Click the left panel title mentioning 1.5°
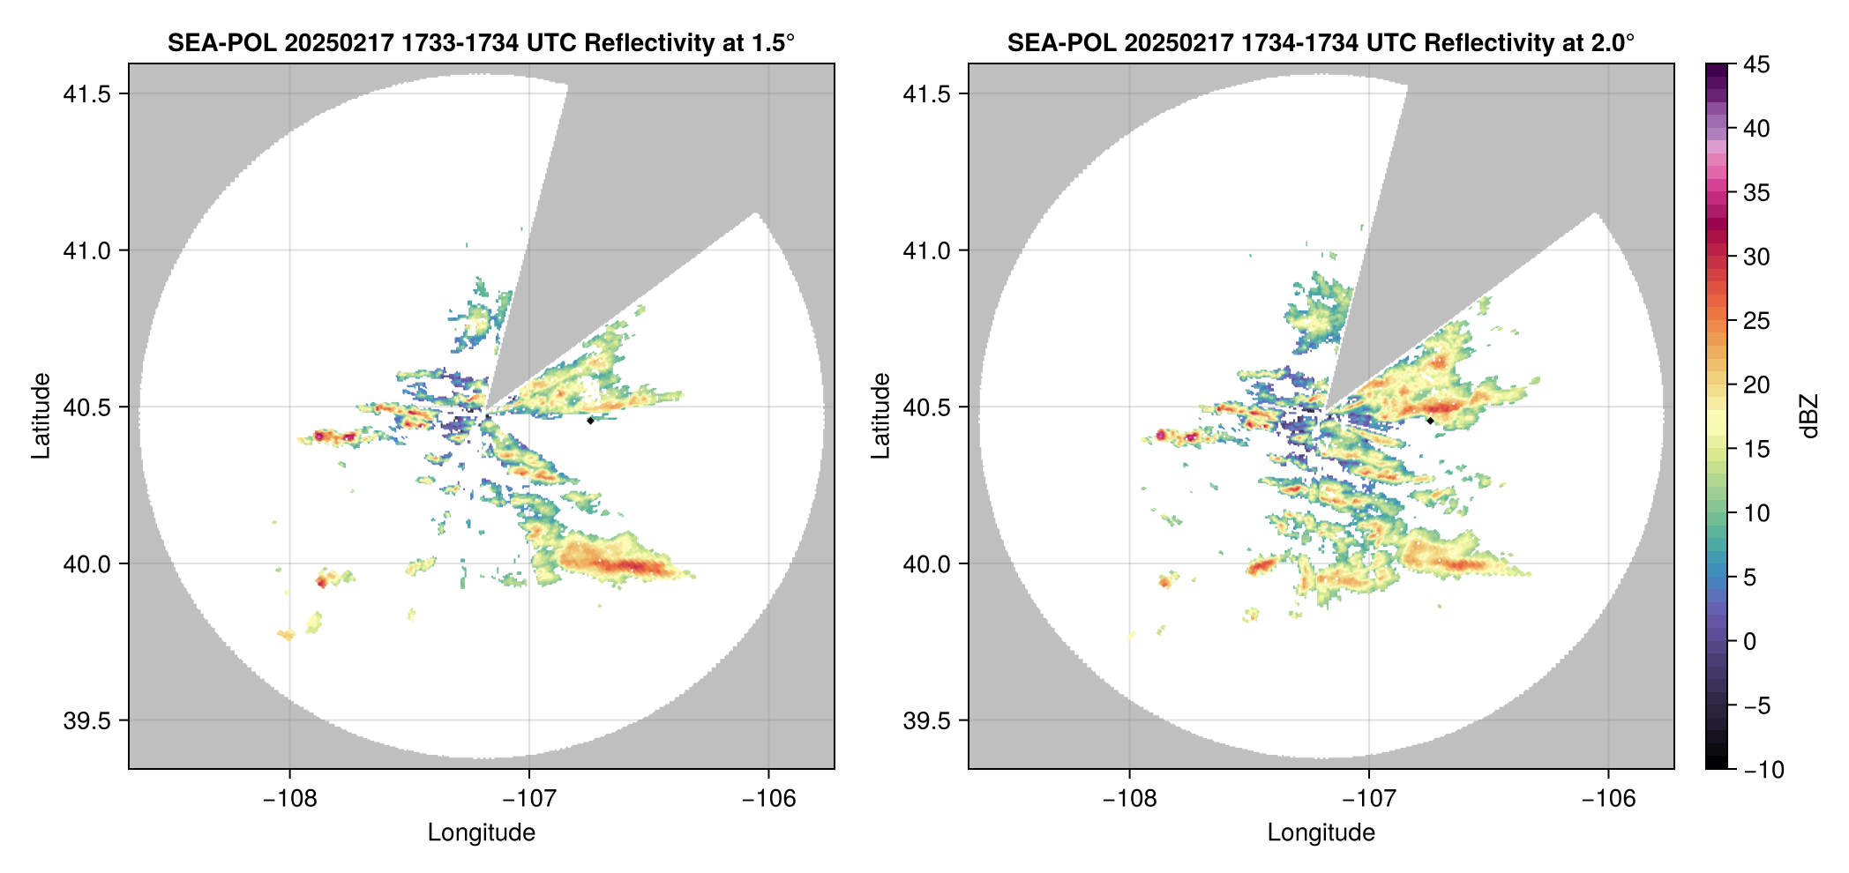pyautogui.click(x=481, y=43)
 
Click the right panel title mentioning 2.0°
pyautogui.click(x=1321, y=43)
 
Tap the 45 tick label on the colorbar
pyautogui.click(x=1755, y=64)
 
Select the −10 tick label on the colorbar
pyautogui.click(x=1763, y=770)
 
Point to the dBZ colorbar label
pyautogui.click(x=1809, y=416)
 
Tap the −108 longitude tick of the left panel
pyautogui.click(x=289, y=798)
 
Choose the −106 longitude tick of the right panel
pyautogui.click(x=1608, y=798)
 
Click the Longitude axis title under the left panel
pyautogui.click(x=481, y=832)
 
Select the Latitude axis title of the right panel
pyautogui.click(x=880, y=416)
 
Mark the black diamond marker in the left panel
pyautogui.click(x=590, y=421)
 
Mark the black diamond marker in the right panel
pyautogui.click(x=1430, y=421)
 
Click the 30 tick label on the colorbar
pyautogui.click(x=1755, y=257)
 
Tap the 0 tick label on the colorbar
pyautogui.click(x=1750, y=642)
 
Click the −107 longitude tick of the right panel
pyautogui.click(x=1368, y=798)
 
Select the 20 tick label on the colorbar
pyautogui.click(x=1755, y=385)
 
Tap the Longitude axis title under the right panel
pyautogui.click(x=1321, y=832)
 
